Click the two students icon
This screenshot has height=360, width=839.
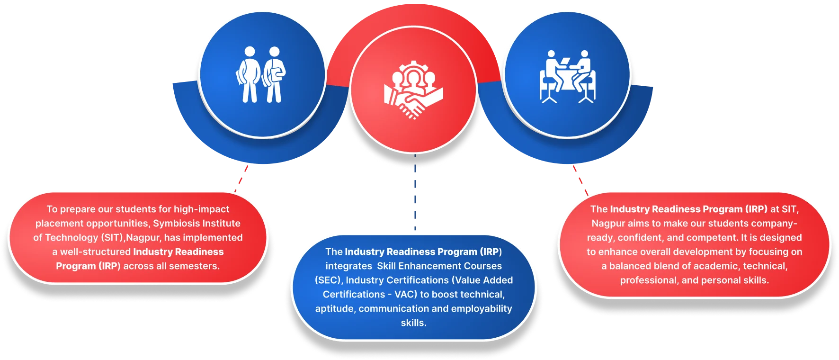261,74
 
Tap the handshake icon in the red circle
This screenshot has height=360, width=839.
413,90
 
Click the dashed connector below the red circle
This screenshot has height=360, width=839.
415,194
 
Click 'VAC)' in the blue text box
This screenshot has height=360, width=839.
406,294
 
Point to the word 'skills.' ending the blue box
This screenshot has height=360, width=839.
413,323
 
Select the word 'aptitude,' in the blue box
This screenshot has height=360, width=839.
335,308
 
